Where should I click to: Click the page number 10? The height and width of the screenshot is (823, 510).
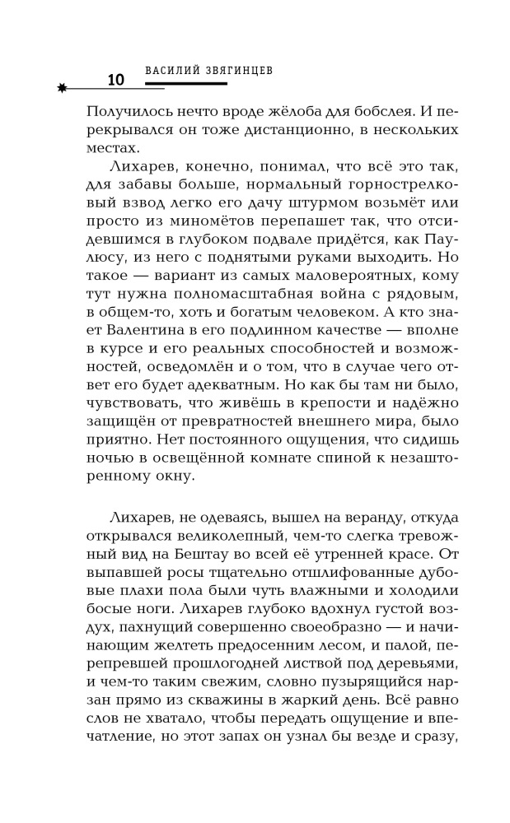(115, 81)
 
